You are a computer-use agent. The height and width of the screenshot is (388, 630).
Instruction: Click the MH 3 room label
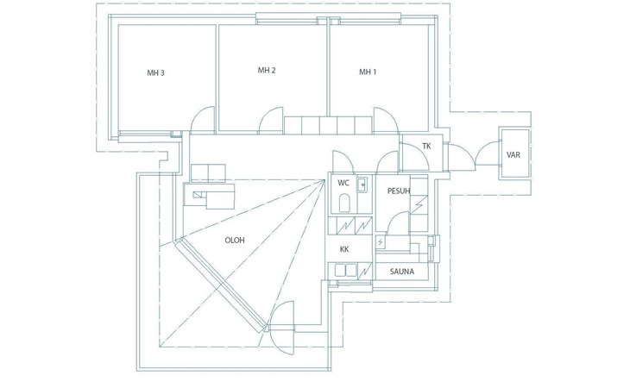point(155,73)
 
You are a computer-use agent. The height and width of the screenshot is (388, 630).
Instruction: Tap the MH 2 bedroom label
point(266,70)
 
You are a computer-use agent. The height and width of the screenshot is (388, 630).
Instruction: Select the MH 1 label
point(368,72)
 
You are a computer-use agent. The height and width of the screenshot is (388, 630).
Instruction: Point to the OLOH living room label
point(234,241)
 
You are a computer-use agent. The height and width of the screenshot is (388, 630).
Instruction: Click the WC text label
point(343,183)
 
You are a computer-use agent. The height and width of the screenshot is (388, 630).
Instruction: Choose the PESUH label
point(398,191)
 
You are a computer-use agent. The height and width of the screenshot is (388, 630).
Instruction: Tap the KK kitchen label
point(343,249)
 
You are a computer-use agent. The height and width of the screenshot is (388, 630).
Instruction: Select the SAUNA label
point(400,272)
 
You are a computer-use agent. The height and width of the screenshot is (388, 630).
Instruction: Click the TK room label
point(425,147)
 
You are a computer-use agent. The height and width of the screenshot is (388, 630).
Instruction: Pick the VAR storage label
point(513,155)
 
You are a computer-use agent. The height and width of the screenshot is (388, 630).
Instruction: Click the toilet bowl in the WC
point(343,203)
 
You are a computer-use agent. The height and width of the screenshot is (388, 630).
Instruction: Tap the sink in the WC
point(362,184)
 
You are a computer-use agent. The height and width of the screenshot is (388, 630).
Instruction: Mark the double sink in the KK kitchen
point(345,270)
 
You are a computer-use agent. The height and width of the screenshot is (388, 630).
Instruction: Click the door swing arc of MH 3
point(202,120)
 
